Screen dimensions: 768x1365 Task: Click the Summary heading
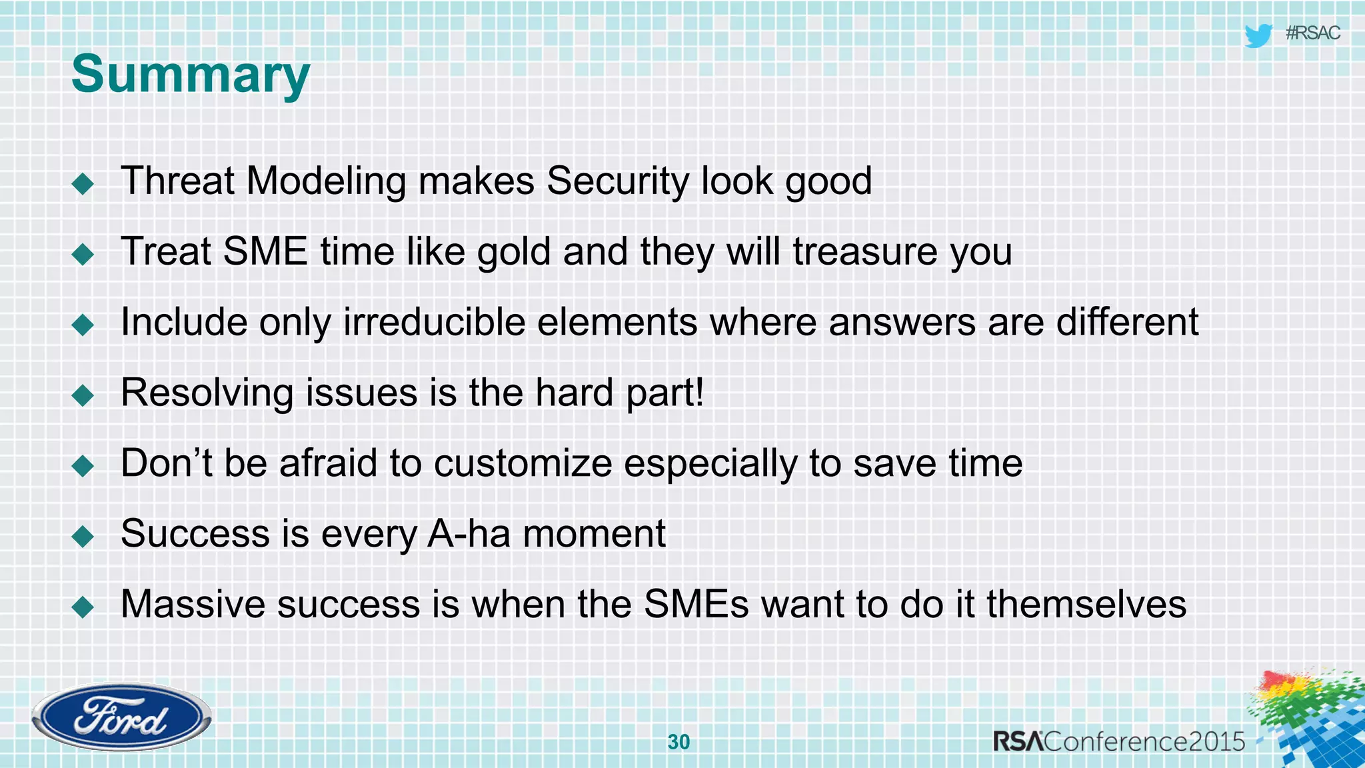point(191,75)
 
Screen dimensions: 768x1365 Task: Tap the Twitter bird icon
point(1258,35)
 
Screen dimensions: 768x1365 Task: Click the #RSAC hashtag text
point(1312,33)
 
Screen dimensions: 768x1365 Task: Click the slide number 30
point(679,741)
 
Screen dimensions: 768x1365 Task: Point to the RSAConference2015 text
point(1118,741)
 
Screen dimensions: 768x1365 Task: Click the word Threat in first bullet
point(177,181)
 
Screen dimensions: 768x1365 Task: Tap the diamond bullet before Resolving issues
point(83,395)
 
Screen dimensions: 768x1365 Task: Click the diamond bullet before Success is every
point(83,536)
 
